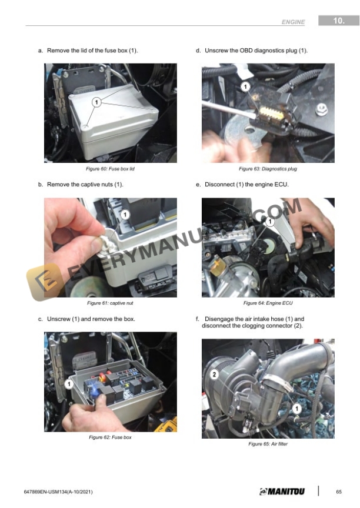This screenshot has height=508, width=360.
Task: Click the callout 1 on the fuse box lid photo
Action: [x=96, y=102]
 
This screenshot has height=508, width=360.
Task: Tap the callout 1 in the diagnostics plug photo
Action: [x=245, y=87]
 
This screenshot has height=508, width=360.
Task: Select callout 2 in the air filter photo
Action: [x=214, y=375]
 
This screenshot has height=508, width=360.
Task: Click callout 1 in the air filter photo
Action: [x=297, y=409]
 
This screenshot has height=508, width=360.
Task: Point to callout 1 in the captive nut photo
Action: [x=125, y=214]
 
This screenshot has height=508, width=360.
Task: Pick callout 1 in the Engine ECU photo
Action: [x=269, y=222]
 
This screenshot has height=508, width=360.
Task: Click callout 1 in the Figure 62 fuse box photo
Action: [x=69, y=385]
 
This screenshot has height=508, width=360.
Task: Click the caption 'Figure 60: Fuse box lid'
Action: [x=110, y=169]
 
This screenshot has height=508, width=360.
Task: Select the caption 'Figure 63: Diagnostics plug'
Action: [x=268, y=169]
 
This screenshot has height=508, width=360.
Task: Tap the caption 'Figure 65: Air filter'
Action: [x=268, y=444]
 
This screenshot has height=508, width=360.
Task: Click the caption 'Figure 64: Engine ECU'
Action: [x=268, y=303]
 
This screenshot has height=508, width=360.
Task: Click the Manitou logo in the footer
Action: [x=282, y=492]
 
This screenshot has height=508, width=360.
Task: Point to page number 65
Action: [x=339, y=492]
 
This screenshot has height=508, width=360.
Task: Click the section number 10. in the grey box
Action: [x=339, y=21]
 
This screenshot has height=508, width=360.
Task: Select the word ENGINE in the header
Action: [x=294, y=22]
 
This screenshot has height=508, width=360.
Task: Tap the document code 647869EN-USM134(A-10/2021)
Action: [x=58, y=492]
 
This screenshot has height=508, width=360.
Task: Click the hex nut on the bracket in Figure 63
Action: [x=321, y=109]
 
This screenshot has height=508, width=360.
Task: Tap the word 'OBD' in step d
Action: [x=246, y=51]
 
